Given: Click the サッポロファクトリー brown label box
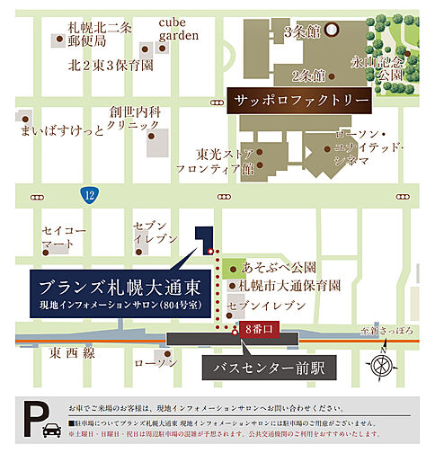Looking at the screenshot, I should coord(289,99).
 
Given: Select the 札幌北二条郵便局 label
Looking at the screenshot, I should coord(100,34).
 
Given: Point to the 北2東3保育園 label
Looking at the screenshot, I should coord(111,66).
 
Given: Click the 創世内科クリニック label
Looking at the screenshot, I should coord(134,119).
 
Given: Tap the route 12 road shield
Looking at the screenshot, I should coord(88,193).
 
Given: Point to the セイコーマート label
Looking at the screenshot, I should coord(63,237).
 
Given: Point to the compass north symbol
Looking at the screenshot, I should coord(382,366).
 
